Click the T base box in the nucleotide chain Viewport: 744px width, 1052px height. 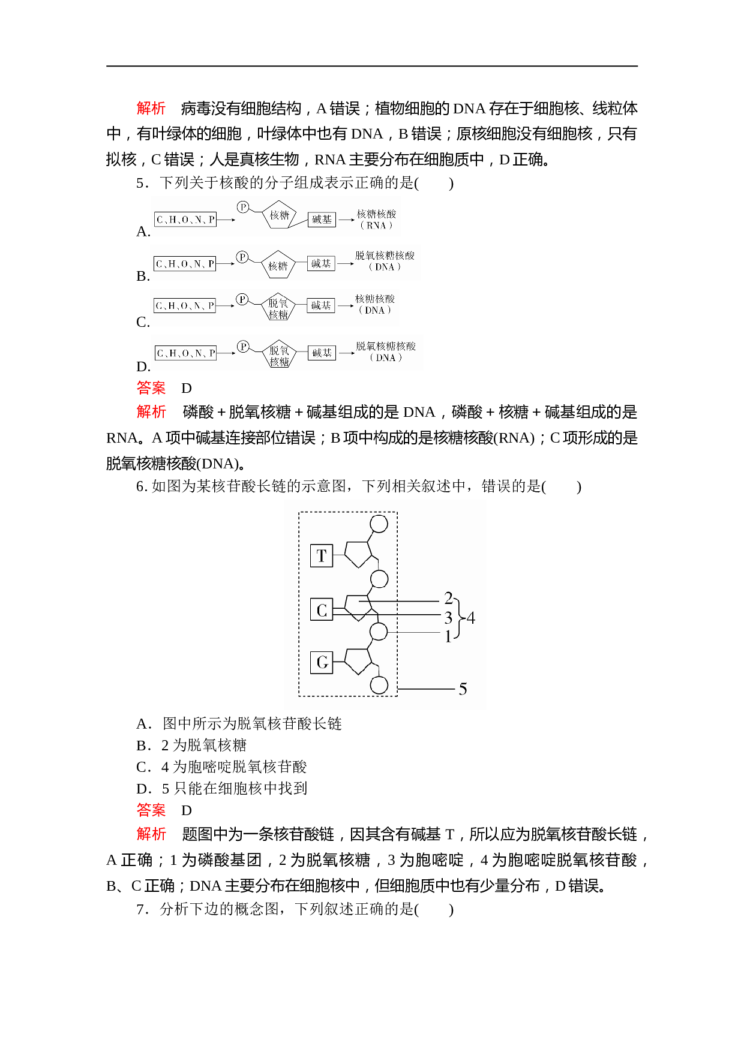click(x=322, y=555)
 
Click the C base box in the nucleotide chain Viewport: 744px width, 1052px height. click(x=322, y=609)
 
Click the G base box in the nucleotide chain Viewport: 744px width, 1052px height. click(x=322, y=662)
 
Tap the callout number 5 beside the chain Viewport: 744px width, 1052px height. click(x=463, y=689)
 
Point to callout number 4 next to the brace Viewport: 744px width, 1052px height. click(x=471, y=618)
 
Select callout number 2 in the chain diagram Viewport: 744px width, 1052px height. click(x=448, y=598)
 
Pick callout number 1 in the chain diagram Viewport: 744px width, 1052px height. click(x=448, y=636)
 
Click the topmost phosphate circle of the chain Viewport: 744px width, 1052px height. click(x=379, y=524)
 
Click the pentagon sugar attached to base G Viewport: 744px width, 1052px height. click(x=359, y=661)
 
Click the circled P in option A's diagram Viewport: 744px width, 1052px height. click(x=242, y=207)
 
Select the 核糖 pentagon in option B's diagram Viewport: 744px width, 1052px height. click(x=278, y=265)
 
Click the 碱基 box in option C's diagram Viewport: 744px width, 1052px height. click(x=321, y=305)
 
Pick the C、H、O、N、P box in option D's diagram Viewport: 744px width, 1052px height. click(x=185, y=353)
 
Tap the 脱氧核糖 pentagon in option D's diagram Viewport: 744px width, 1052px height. click(x=279, y=356)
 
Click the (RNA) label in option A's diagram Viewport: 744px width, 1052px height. click(x=376, y=226)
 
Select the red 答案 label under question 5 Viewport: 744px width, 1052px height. click(x=151, y=388)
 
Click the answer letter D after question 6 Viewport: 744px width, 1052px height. click(x=187, y=811)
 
